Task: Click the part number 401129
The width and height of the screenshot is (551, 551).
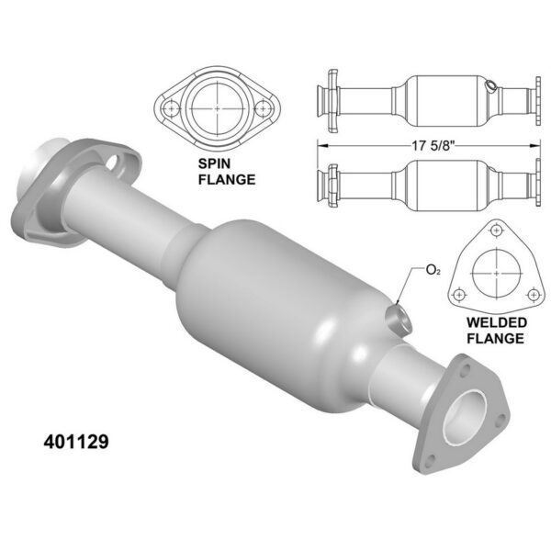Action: pyautogui.click(x=76, y=442)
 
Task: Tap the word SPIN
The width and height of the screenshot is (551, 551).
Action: pyautogui.click(x=214, y=163)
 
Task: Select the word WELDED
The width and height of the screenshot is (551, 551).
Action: pyautogui.click(x=497, y=322)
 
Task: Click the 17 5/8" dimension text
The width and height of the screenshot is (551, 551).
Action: pyautogui.click(x=433, y=145)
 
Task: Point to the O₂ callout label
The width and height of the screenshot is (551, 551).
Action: pyautogui.click(x=433, y=270)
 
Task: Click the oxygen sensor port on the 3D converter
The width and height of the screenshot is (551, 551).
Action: pyautogui.click(x=399, y=318)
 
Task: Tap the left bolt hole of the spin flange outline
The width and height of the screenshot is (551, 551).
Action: pyautogui.click(x=172, y=108)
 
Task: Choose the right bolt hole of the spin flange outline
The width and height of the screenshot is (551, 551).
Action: pyautogui.click(x=263, y=108)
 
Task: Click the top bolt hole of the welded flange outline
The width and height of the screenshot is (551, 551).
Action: pyautogui.click(x=496, y=231)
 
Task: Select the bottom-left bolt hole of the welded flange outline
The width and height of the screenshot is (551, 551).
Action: pyautogui.click(x=459, y=295)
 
